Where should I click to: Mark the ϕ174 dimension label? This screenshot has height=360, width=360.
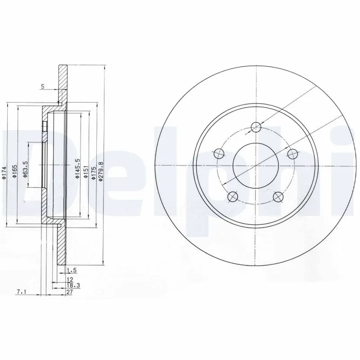(x=4, y=173)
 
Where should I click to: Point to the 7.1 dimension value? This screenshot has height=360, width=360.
(x=21, y=292)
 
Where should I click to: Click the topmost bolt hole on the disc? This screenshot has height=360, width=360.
(x=255, y=126)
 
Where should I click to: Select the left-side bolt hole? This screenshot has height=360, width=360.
(x=219, y=153)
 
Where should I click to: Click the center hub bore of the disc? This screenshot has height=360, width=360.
(x=255, y=165)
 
